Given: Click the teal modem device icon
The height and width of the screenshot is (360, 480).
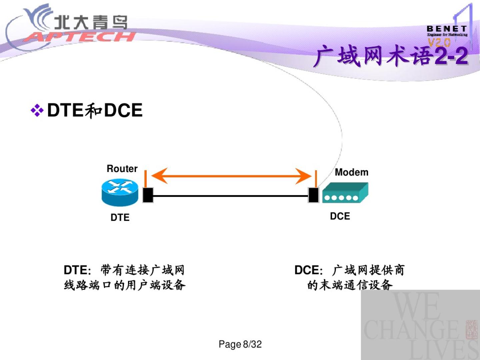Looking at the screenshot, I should pos(345,193).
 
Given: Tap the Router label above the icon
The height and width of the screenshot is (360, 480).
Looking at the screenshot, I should pos(122,169).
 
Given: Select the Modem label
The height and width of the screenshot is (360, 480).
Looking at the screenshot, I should pos(352,172).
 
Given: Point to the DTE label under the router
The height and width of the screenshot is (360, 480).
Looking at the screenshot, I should pos(120,217).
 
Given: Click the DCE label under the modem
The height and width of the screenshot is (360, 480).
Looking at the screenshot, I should pos(340,216).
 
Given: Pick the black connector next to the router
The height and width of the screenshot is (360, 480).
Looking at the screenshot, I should pos(148,195).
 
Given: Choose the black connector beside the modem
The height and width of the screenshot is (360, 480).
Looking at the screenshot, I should pos(313,195).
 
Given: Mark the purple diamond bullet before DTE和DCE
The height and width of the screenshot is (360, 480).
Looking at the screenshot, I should pos(37,110).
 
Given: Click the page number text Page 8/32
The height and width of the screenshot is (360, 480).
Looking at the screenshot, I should pos(240,344).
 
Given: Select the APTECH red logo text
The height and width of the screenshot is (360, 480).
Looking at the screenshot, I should pos(80,37).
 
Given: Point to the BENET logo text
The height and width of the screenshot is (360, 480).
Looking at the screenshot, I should pos(447,29).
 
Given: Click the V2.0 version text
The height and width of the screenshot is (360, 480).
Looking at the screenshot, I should pos(439,42).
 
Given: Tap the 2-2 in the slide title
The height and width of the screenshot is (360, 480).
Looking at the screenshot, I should pos(452,56).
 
